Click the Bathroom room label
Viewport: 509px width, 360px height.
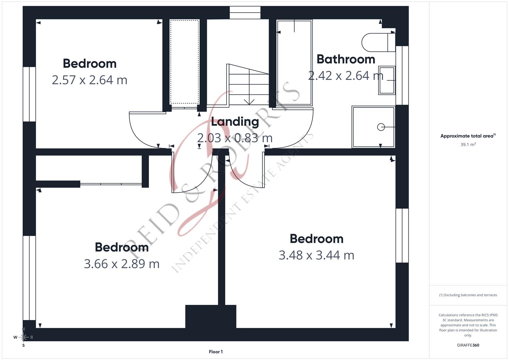346,59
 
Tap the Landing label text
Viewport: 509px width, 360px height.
235,122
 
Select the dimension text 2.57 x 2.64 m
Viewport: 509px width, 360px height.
89,80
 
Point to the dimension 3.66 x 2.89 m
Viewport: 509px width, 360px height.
122,264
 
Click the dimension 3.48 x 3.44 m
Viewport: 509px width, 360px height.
316,255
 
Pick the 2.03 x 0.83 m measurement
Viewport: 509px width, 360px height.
235,138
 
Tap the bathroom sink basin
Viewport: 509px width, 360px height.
387,80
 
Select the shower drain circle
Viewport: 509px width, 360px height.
381,127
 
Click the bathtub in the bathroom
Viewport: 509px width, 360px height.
294,63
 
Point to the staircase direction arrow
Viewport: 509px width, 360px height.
249,101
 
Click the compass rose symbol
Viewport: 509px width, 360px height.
23,337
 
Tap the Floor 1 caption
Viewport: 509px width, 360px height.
216,352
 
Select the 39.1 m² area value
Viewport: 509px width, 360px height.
468,145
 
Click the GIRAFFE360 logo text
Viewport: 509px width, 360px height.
468,345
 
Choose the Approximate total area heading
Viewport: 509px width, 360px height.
468,136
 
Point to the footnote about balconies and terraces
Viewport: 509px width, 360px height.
468,295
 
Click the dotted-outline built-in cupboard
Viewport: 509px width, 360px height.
184,62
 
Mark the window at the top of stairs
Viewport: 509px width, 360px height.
245,13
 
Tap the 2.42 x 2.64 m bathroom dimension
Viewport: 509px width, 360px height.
346,76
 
